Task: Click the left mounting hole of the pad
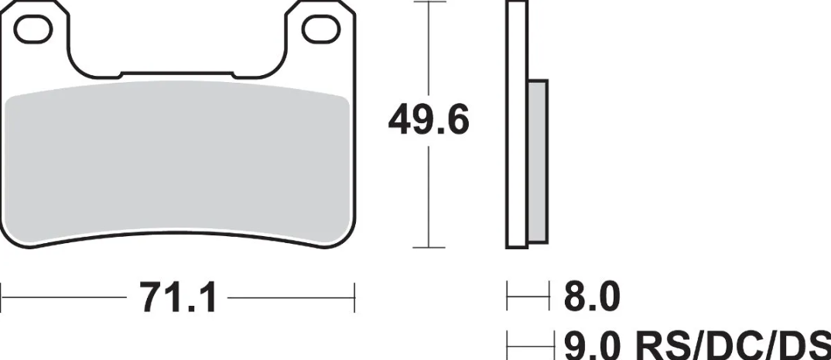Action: [x=32, y=29]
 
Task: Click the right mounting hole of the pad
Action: [x=321, y=29]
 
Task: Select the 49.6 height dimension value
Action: [x=428, y=121]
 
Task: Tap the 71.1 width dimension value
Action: [x=177, y=297]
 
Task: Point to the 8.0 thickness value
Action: [x=591, y=297]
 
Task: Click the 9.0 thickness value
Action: [x=591, y=346]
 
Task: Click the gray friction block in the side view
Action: [x=538, y=162]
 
